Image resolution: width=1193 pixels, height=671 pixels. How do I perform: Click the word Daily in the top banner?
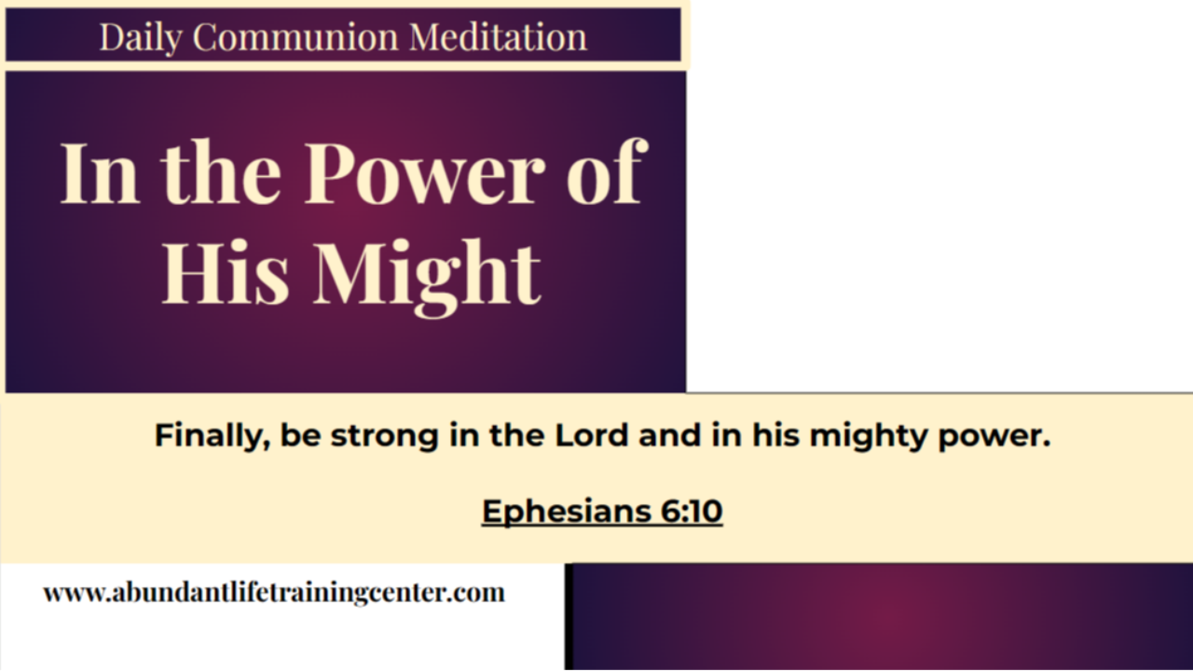[142, 37]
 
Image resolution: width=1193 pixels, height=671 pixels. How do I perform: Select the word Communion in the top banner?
[295, 37]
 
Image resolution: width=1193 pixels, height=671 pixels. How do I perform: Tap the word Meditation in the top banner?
[498, 37]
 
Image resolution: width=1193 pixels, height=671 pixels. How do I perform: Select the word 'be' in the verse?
[299, 435]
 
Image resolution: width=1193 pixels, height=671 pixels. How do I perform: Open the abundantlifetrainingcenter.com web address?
[274, 593]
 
